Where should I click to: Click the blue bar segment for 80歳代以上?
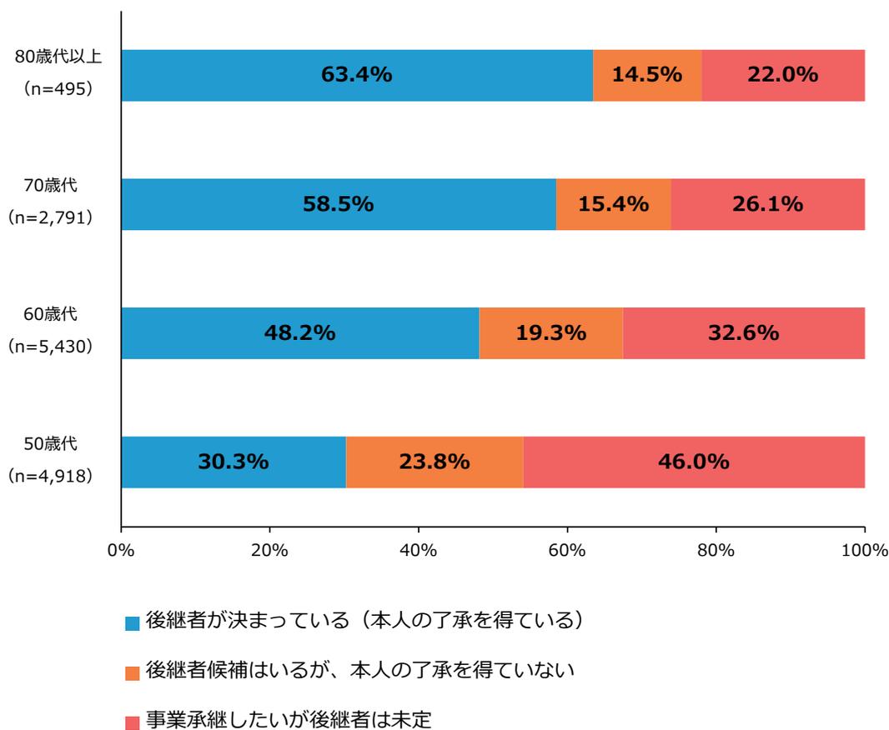[357, 75]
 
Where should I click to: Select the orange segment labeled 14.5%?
[647, 75]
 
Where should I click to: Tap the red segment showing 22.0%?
[783, 75]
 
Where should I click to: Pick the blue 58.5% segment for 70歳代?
[339, 204]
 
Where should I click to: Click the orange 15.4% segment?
[613, 204]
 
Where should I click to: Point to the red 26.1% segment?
[767, 204]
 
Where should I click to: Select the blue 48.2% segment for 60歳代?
[300, 333]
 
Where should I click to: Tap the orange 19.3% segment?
[550, 333]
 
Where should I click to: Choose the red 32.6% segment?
[743, 333]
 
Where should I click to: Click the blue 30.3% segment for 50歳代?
[234, 462]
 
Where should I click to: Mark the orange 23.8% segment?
[434, 462]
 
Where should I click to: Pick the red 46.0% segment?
[694, 462]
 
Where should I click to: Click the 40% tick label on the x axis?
[419, 552]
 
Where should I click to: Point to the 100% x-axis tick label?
[864, 552]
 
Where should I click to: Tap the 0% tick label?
[122, 552]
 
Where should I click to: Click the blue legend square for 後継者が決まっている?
[132, 622]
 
